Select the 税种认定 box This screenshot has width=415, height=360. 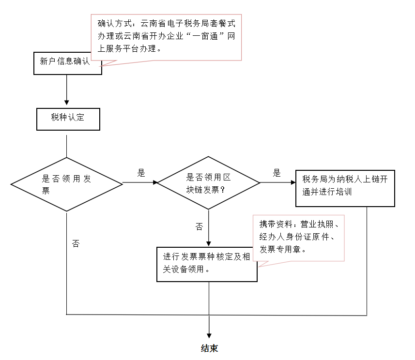68,120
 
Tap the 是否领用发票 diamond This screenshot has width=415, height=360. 67,184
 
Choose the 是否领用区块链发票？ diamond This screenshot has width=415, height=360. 208,183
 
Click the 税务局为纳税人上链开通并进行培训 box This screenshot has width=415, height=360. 345,188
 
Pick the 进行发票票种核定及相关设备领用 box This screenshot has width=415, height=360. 207,265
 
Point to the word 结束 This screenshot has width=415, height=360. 209,348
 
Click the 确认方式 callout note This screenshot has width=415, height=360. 166,37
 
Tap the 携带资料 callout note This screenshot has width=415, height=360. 299,238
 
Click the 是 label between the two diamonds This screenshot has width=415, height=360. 141,173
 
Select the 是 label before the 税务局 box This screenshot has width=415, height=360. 277,173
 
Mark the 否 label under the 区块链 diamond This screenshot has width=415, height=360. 200,226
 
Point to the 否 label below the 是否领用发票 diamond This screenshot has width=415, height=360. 76,243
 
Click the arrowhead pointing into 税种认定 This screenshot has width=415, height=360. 67,103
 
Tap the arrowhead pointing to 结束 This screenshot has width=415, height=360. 209,336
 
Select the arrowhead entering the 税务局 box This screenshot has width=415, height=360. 293,182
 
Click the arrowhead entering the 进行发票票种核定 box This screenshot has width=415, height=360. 209,244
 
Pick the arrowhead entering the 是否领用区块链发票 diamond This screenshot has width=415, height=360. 155,182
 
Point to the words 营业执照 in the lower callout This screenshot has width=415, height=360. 317,225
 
